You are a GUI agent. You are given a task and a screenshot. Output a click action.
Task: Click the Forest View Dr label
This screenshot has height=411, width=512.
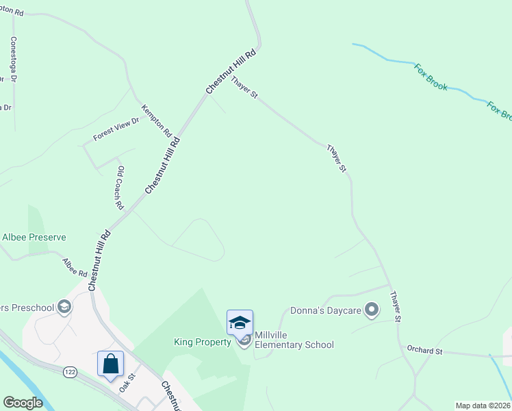pyautogui.click(x=116, y=129)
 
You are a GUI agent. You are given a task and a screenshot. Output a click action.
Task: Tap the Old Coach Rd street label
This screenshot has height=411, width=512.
pyautogui.click(x=120, y=188)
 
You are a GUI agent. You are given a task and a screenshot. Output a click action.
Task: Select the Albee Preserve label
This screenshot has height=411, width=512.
pyautogui.click(x=34, y=237)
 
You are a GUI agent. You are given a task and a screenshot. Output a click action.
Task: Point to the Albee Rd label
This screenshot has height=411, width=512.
pyautogui.click(x=75, y=268)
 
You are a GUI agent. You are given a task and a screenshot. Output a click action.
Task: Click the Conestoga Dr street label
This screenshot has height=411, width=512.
pyautogui.click(x=13, y=60)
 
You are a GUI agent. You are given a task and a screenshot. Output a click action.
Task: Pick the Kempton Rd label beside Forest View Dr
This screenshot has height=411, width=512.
pyautogui.click(x=156, y=120)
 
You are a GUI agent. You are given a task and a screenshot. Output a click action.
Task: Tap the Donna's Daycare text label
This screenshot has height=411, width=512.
pyautogui.click(x=325, y=311)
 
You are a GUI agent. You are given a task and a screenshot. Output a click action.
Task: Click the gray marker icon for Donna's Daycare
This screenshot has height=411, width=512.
pyautogui.click(x=372, y=311)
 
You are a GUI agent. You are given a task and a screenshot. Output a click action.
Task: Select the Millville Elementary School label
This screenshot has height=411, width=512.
pyautogui.click(x=294, y=340)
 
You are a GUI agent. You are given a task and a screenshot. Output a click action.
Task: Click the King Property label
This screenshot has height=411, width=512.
pyautogui.click(x=203, y=342)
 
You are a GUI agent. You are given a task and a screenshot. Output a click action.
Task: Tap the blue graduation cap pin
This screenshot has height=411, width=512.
pyautogui.click(x=240, y=323)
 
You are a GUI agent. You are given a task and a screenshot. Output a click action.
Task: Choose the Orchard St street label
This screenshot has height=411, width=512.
pyautogui.click(x=424, y=351)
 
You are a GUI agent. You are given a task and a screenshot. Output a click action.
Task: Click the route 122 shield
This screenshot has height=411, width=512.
pyautogui.click(x=70, y=371)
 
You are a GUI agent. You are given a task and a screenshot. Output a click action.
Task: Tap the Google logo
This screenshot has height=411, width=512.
pyautogui.click(x=23, y=403)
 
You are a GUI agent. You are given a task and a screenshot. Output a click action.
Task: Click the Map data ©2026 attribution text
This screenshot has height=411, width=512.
pyautogui.click(x=483, y=406)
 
